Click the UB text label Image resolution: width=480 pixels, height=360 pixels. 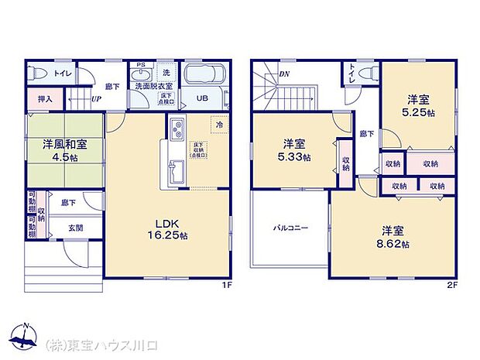coord(201,98)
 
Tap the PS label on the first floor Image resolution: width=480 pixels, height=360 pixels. coord(140,64)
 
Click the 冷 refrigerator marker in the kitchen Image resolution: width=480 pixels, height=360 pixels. coord(219,125)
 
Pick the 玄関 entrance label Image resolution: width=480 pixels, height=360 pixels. coord(75,228)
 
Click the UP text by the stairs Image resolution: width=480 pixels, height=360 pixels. coord(97,99)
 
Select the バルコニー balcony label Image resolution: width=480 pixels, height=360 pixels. coord(290,228)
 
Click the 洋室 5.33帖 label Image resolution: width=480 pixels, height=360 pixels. coord(294,149)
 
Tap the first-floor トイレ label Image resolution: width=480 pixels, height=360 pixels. coord(63,74)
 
